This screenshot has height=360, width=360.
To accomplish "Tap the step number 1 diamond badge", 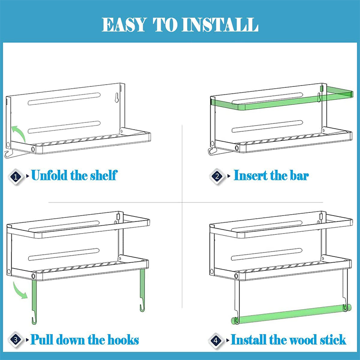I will [x=17, y=176].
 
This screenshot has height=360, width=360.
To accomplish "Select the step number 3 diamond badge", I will [x=17, y=340].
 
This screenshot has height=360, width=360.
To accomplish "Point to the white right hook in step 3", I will [x=142, y=292].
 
